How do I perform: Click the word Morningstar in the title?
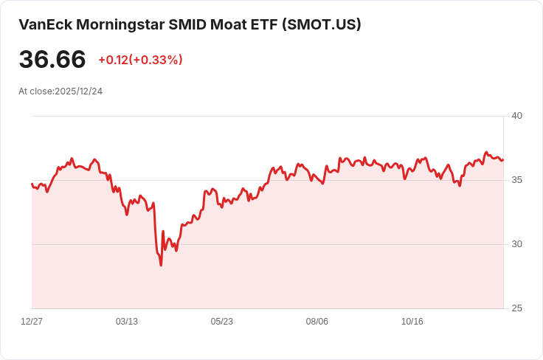point(119,24)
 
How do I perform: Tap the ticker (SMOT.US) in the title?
point(321,24)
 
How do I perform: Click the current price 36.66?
point(52,60)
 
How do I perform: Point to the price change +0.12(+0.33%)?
point(140,60)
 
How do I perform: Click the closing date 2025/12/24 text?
point(78,91)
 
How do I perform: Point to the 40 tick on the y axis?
point(516,116)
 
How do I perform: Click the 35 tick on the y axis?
point(516,180)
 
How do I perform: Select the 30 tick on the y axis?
point(516,244)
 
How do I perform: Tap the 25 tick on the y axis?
point(516,308)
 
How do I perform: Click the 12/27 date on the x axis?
point(32,322)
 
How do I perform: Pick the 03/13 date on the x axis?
point(127,322)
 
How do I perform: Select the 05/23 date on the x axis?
point(222,322)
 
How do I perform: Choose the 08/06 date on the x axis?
point(317,322)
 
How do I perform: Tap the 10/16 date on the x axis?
point(412,322)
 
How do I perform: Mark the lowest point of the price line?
point(161,265)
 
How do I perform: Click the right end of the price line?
point(503,160)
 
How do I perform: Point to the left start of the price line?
point(32,184)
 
